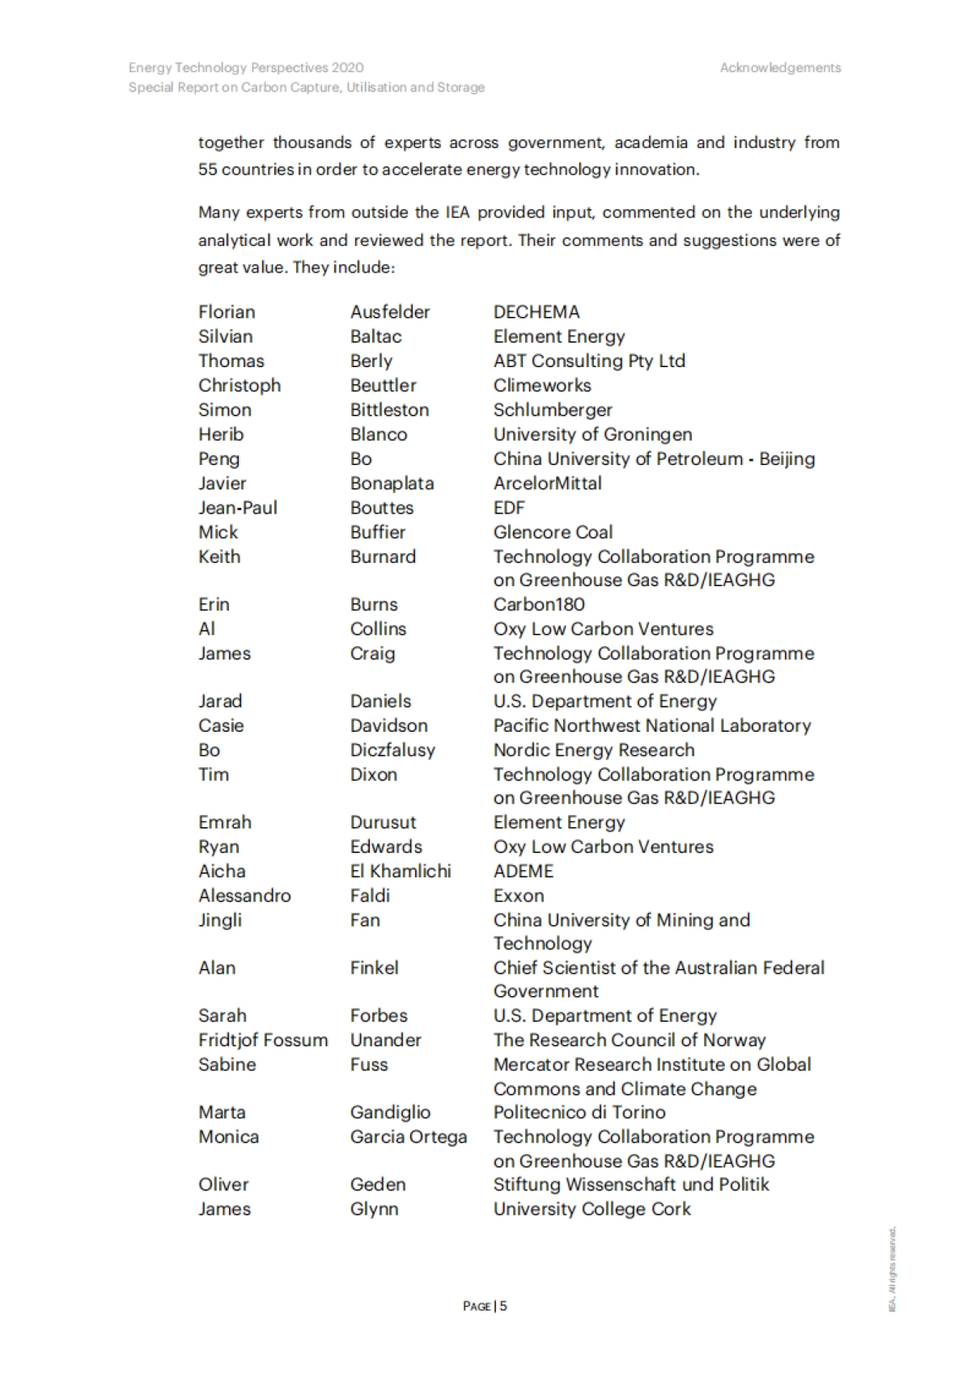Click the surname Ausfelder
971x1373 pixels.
390,312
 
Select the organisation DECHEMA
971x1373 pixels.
536,312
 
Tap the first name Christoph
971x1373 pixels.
240,386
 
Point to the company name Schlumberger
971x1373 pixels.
553,410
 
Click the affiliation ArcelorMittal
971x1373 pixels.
548,484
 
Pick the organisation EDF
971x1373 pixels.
509,508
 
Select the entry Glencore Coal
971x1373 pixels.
553,532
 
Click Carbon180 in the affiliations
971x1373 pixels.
539,604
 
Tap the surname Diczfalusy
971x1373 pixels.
392,750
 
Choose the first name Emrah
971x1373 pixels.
225,822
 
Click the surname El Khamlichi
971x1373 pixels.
401,871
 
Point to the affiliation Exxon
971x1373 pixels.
519,896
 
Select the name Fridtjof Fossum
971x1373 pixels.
263,1040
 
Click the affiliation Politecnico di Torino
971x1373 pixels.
579,1113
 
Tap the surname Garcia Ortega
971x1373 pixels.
409,1137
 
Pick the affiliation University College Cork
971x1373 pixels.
592,1209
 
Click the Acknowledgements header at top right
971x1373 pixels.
780,68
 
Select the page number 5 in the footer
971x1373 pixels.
503,1306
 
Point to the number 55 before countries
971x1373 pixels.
207,170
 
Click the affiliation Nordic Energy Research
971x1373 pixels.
594,750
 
